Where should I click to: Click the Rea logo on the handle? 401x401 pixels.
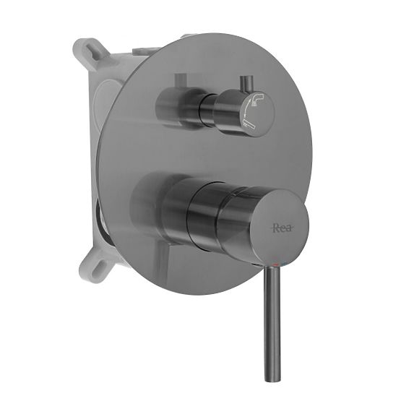(x=281, y=228)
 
